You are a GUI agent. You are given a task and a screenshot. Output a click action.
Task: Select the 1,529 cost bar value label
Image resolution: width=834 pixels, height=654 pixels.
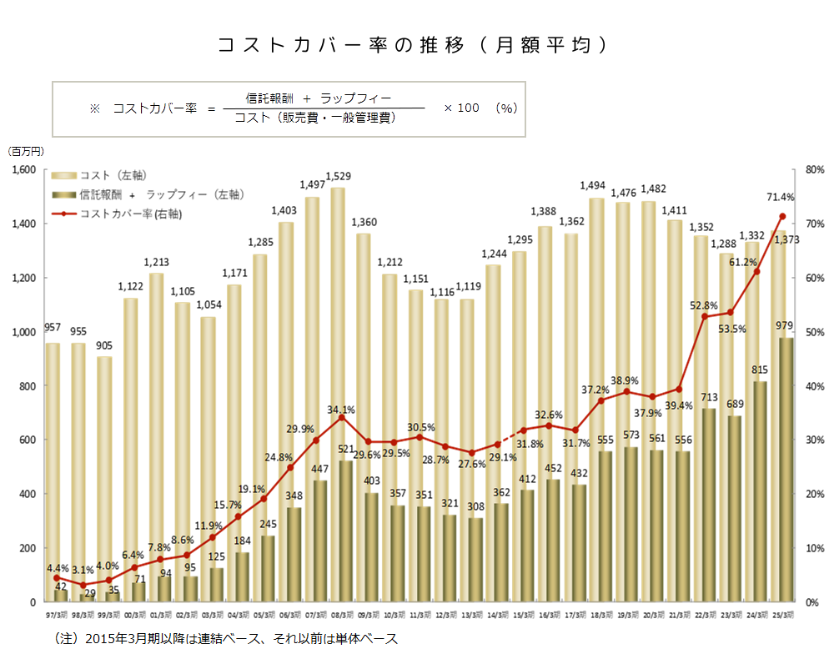click(338, 177)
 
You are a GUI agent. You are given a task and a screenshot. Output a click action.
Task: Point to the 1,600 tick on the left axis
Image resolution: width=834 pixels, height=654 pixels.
click(23, 169)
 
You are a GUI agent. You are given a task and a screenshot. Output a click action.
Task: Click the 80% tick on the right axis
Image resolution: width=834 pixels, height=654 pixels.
click(813, 169)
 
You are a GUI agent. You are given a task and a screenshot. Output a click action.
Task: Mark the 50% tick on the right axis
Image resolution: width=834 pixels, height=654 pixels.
click(813, 332)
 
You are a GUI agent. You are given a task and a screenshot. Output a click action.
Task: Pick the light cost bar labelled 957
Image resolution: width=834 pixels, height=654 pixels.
click(53, 471)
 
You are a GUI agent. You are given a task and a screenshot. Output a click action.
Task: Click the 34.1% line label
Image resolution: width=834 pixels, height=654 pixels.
click(340, 410)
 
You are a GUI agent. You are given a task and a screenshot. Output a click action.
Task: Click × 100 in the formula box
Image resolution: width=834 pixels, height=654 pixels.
click(461, 108)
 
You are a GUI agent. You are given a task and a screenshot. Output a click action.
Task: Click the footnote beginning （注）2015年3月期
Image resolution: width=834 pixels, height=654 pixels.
click(226, 638)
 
